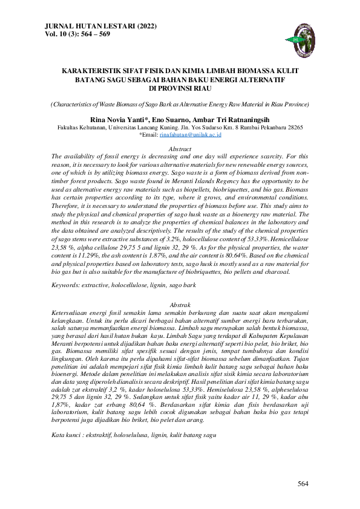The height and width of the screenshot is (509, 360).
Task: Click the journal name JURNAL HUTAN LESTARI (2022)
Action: click(x=91, y=27)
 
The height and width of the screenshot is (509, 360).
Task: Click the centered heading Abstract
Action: click(x=180, y=149)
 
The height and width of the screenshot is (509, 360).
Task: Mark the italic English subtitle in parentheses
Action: click(x=180, y=105)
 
